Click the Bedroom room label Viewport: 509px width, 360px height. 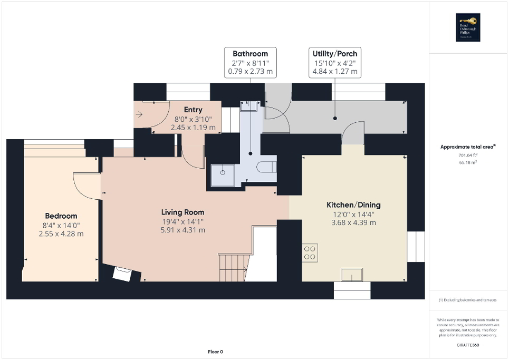61,216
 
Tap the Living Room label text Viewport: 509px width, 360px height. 183,212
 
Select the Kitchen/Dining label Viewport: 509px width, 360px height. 353,205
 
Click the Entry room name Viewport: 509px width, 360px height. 193,110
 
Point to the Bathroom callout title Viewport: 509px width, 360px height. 250,54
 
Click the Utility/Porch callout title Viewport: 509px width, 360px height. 334,54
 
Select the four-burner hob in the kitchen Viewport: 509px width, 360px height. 310,253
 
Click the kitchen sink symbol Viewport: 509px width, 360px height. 351,275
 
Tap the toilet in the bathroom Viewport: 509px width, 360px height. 268,167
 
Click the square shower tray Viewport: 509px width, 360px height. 223,176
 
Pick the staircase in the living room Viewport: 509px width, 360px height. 233,267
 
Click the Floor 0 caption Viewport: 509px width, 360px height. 215,352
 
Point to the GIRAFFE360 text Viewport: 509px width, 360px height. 468,345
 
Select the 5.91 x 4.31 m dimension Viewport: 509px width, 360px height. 183,230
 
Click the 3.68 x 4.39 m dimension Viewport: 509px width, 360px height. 353,223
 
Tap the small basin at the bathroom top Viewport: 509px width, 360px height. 248,106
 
